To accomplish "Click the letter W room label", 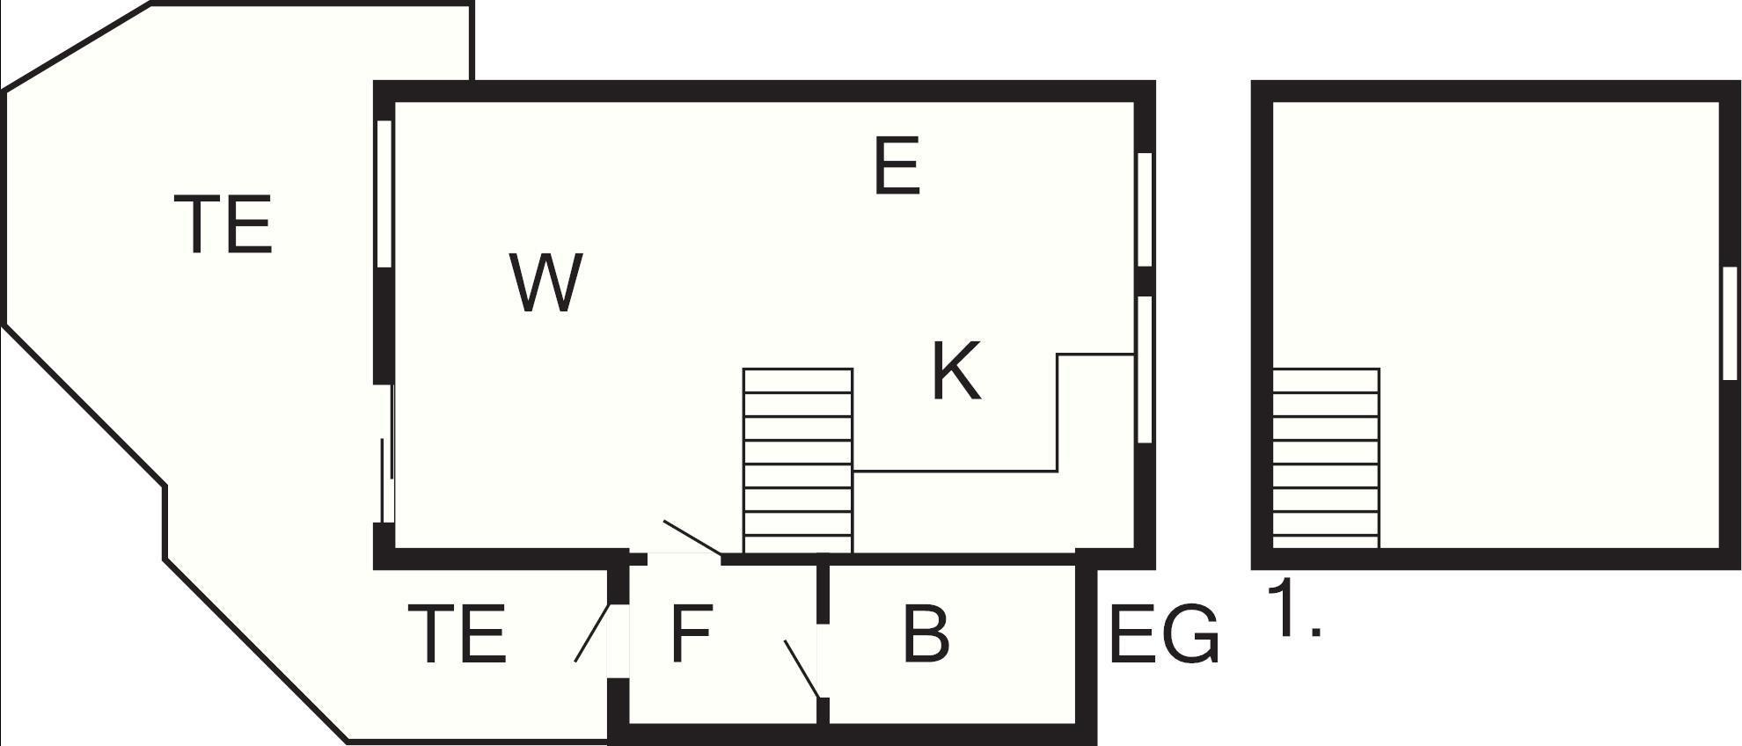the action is (x=546, y=282).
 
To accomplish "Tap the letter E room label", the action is (x=897, y=165).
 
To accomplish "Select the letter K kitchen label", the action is (x=956, y=371).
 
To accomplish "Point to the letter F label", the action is (x=691, y=633).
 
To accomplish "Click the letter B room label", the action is (x=926, y=633).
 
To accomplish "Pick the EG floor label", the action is (x=1165, y=633).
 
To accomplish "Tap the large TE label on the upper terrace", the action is (x=223, y=224).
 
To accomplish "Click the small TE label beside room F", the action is (x=457, y=633).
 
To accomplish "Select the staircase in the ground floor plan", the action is (x=798, y=460).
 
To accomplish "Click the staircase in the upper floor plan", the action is (x=1326, y=457).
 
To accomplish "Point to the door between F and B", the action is (x=803, y=669).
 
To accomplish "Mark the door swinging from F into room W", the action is (x=693, y=538).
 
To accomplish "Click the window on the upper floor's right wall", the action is (x=1730, y=323).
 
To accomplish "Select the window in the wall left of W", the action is (x=384, y=194).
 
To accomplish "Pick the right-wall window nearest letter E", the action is (x=1144, y=209).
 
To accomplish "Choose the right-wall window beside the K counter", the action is (x=1144, y=369).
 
